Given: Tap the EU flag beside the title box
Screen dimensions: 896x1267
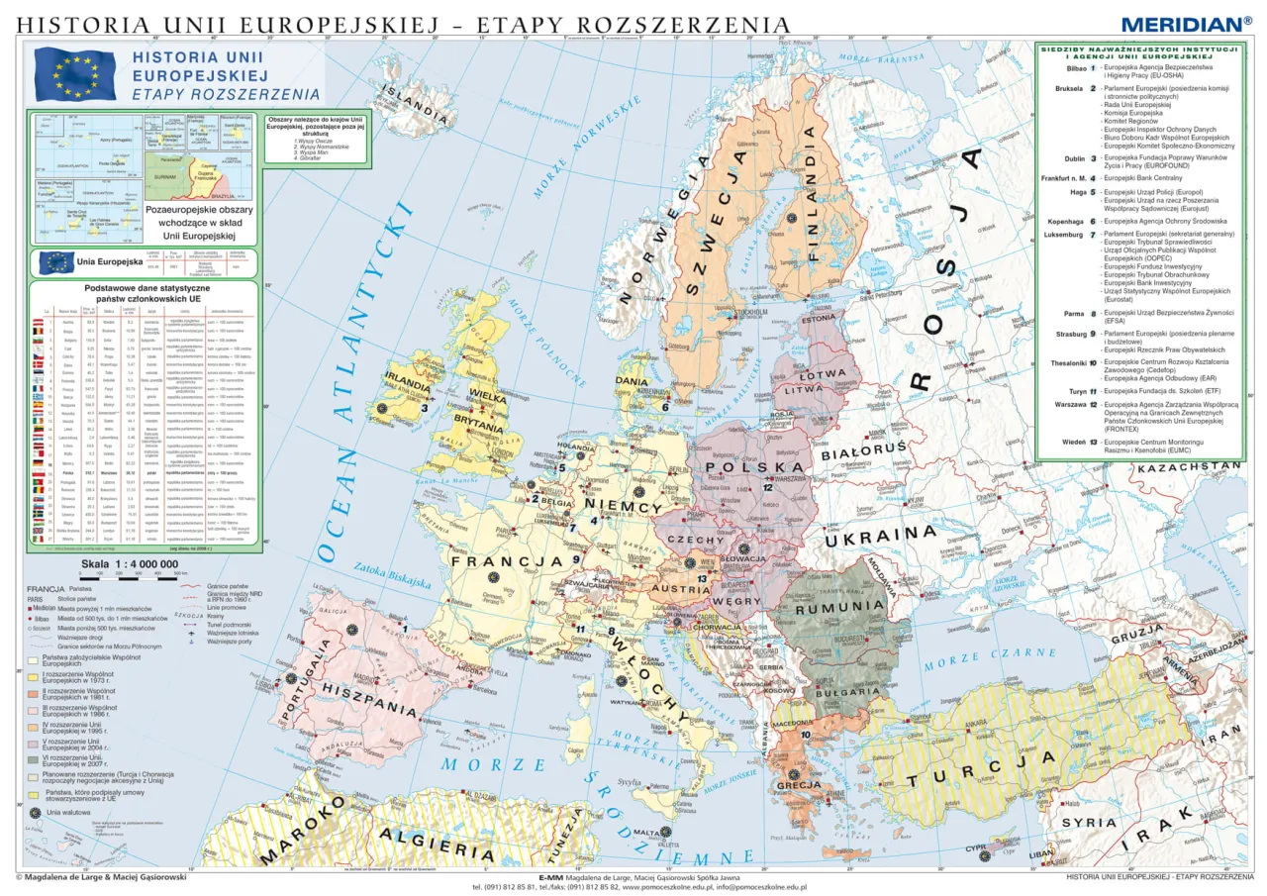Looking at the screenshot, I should [x=75, y=75].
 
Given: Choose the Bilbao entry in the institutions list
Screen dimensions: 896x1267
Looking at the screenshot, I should [x=1074, y=69].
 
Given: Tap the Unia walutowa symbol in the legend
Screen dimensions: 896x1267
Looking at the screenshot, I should [x=37, y=812].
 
